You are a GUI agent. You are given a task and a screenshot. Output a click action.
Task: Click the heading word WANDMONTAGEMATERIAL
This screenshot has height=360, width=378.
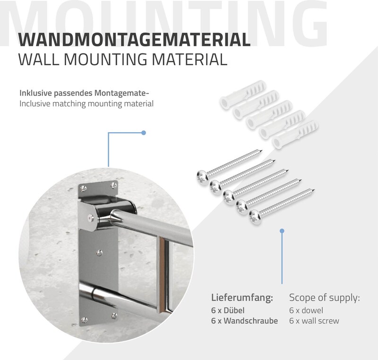point(134,39)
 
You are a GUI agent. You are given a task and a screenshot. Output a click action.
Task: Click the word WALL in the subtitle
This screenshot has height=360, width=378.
point(39,59)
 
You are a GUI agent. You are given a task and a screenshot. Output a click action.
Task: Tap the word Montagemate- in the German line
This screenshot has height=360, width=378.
point(120,93)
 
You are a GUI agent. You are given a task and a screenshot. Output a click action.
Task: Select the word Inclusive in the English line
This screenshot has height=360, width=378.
point(34,103)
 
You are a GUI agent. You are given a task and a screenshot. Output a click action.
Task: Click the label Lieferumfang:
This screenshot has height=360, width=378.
point(242,298)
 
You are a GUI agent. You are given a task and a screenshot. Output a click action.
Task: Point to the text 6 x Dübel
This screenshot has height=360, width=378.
point(228,310)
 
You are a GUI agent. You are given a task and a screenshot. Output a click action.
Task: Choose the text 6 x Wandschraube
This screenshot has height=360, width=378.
point(244,321)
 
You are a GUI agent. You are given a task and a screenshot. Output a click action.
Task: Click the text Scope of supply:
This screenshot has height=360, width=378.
point(325,298)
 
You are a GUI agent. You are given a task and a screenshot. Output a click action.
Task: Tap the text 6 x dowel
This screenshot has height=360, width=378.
point(306,310)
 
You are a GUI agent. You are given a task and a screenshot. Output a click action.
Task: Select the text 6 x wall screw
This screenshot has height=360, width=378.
point(314,321)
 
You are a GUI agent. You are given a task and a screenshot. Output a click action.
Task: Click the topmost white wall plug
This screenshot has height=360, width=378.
point(243,94)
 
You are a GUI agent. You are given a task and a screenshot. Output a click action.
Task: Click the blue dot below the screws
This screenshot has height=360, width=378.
point(282,231)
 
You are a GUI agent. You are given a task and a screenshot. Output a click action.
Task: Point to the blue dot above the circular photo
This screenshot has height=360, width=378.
point(144,133)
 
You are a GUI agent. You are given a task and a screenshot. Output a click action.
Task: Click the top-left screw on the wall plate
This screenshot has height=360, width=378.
point(84,188)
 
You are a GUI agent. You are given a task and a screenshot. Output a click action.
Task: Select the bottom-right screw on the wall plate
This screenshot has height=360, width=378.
point(114,316)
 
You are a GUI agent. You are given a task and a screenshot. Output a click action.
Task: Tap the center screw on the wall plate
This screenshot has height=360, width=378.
point(99,253)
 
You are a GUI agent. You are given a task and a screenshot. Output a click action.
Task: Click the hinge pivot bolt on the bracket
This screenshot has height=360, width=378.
point(91,218)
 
